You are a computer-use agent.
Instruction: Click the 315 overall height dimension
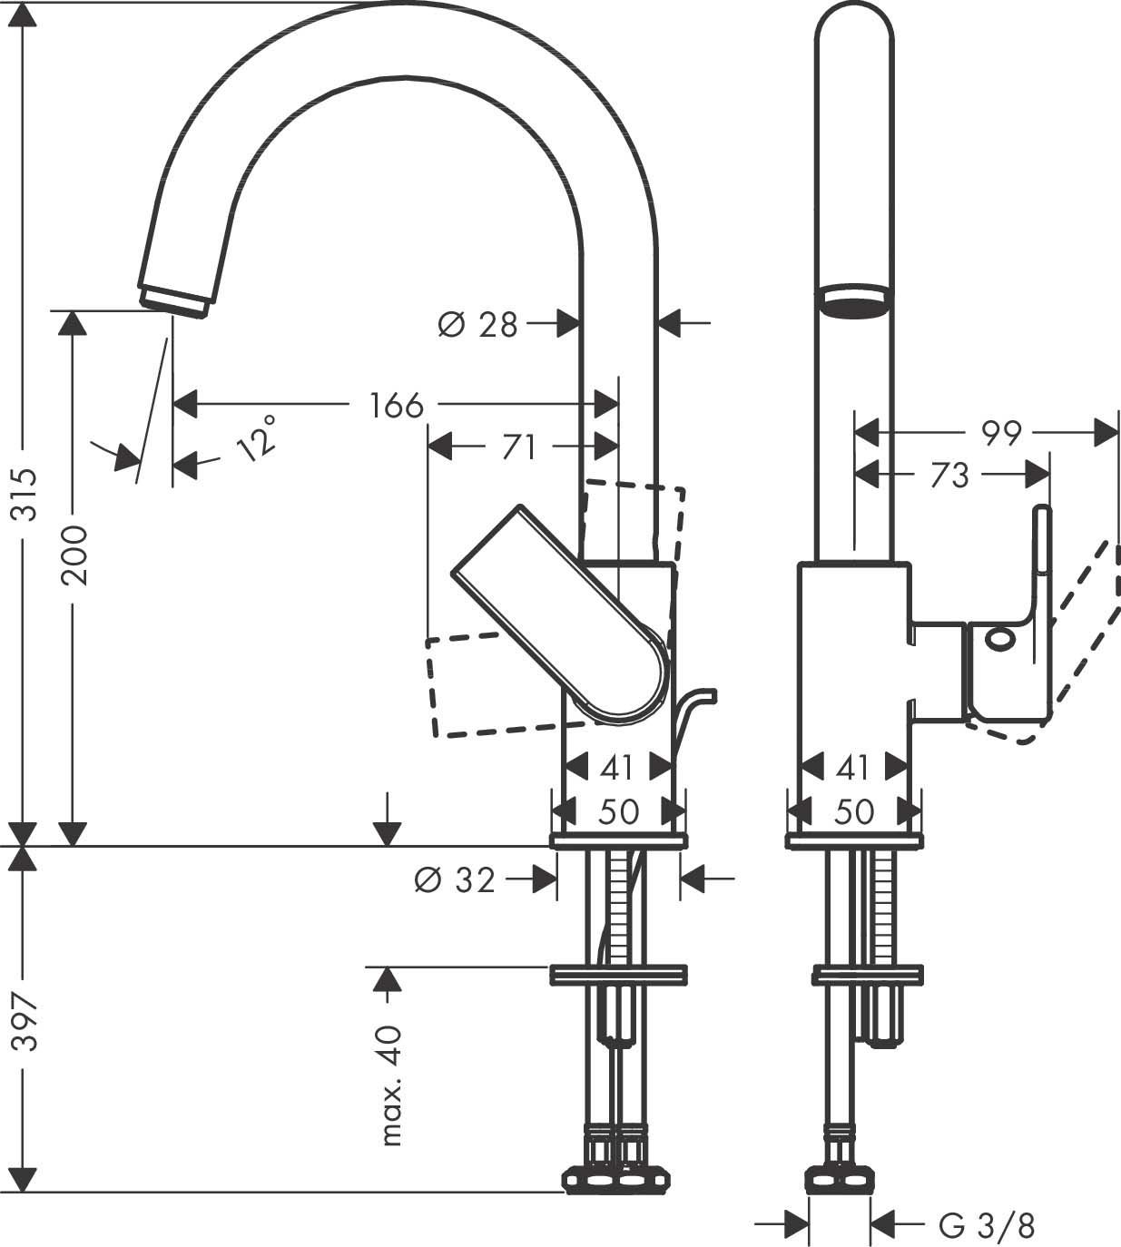point(28,495)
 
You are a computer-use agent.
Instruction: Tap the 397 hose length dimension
point(28,1022)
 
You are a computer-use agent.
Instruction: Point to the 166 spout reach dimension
point(397,405)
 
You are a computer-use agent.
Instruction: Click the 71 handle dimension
point(518,447)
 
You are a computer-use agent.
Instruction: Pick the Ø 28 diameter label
point(477,323)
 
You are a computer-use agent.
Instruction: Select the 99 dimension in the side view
point(1000,433)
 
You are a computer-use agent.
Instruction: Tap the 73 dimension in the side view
point(949,475)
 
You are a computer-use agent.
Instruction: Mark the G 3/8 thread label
point(987,1227)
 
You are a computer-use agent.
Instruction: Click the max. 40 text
point(391,1085)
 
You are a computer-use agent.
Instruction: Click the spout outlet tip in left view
point(174,300)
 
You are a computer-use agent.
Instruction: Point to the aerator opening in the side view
point(852,302)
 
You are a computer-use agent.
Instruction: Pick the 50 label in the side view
point(854,810)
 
